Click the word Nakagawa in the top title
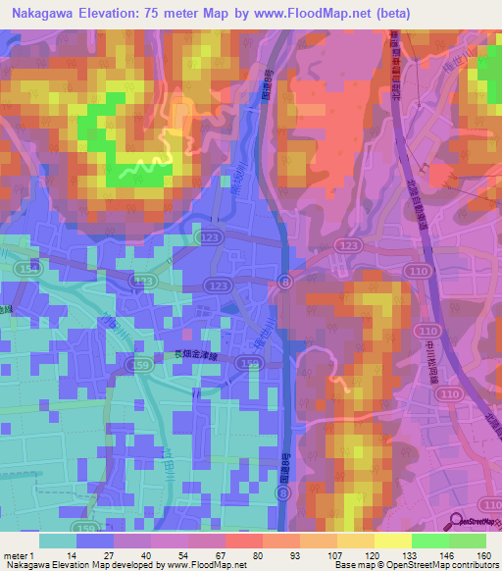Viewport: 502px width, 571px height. tap(38, 13)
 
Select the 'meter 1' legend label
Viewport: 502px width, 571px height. tap(20, 554)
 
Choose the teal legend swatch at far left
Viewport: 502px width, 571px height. tap(58, 541)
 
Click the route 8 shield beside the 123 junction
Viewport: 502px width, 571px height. tap(284, 281)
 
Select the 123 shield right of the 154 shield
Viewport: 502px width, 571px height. tap(144, 281)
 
